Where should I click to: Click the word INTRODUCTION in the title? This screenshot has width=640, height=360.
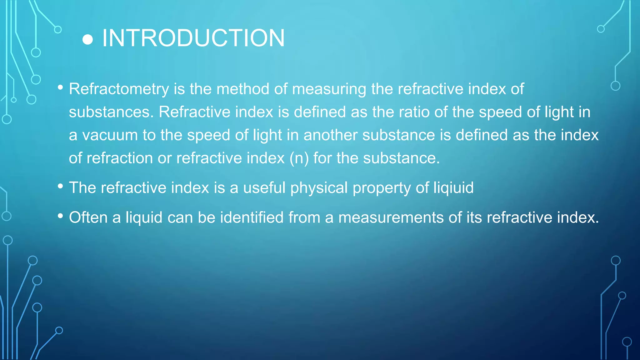(x=193, y=38)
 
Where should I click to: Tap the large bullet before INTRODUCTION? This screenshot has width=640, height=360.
(x=87, y=40)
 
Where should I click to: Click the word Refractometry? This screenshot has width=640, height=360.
(x=119, y=89)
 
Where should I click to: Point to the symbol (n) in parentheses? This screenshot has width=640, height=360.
(x=299, y=158)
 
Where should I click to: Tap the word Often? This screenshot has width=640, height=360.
(x=88, y=217)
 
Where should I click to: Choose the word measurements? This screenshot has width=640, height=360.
(x=391, y=217)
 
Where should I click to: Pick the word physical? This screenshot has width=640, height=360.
(x=319, y=188)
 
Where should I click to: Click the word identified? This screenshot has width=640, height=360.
(x=252, y=217)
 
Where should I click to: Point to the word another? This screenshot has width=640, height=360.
(x=331, y=135)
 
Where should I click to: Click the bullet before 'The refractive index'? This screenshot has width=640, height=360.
(x=61, y=187)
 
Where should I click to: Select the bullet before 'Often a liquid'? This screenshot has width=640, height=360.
(x=61, y=216)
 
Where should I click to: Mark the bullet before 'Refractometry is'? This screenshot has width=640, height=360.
(x=61, y=88)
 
